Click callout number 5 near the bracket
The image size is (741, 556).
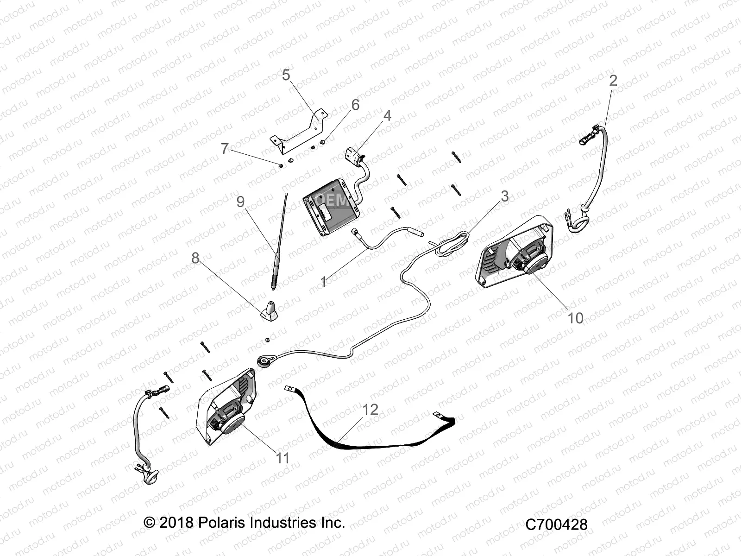coord(286,75)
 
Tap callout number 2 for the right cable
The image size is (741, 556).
coord(613,81)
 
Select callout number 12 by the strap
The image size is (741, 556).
coord(370,410)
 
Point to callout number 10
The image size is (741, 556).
coord(575,318)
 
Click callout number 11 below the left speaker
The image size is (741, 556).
coord(282,458)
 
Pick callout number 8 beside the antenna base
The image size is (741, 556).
coord(195,258)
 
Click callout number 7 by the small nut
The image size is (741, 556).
coord(225,148)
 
